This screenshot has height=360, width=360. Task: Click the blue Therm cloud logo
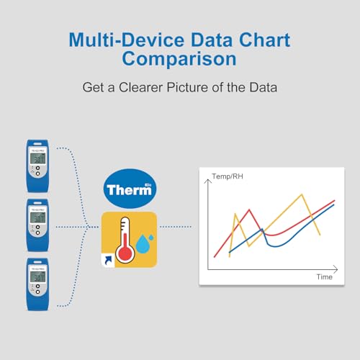129,189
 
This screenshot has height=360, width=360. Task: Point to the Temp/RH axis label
227,176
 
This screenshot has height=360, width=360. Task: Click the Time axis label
324,277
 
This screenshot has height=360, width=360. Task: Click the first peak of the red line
249,210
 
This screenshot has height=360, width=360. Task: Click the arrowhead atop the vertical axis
209,181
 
